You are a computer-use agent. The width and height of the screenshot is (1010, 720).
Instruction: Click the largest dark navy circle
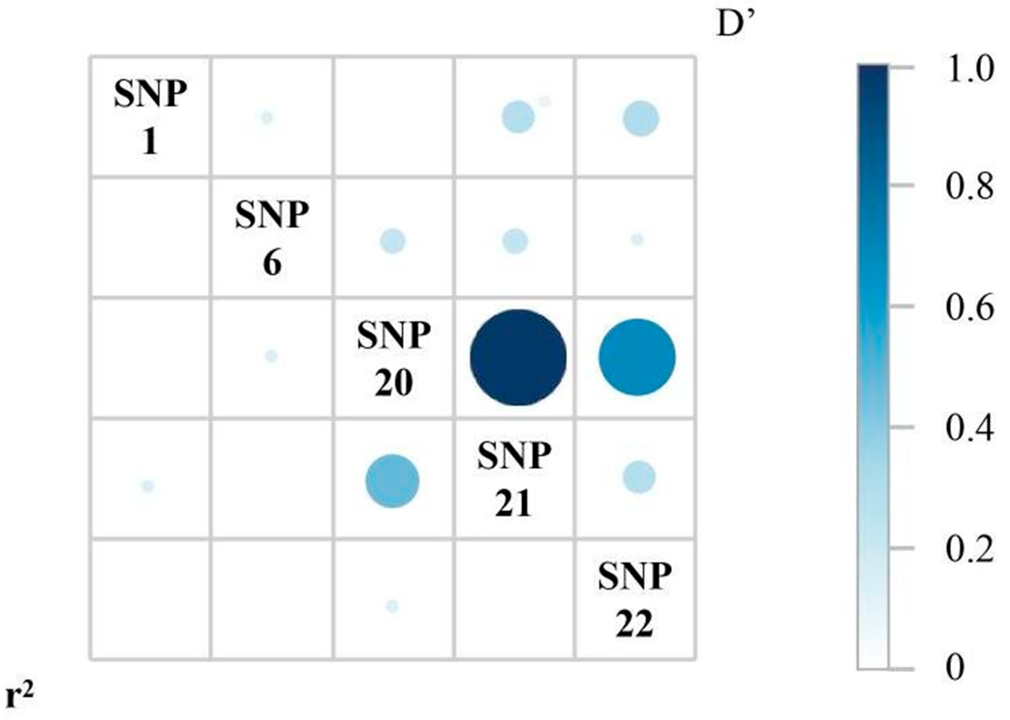[518, 357]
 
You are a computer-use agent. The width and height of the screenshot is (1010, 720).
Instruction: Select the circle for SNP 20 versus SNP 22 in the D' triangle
[637, 357]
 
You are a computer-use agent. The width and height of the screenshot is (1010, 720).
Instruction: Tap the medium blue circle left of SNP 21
[392, 481]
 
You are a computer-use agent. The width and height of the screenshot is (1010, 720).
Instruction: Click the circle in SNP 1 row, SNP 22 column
[640, 119]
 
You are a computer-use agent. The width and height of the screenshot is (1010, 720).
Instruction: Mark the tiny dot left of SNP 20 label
[271, 356]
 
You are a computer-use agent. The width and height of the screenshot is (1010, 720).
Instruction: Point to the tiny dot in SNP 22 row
[392, 606]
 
